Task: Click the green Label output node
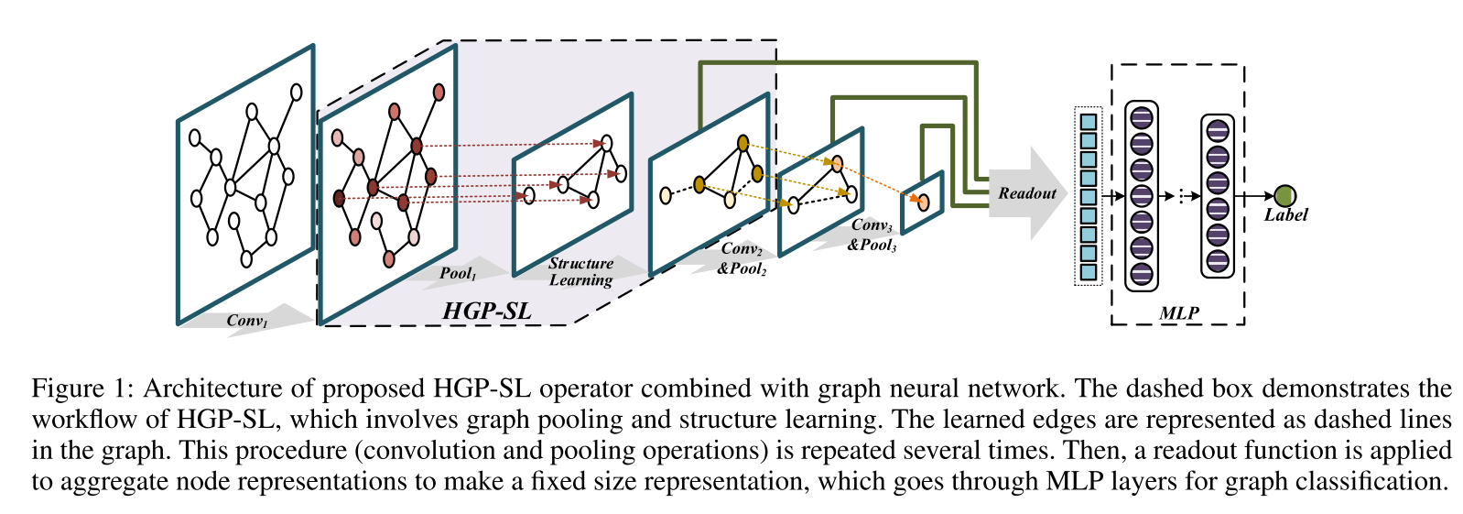point(1284,195)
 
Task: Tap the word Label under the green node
point(1285,215)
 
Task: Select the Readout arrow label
point(1026,193)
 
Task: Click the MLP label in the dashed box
point(1178,313)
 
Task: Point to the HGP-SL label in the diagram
point(486,312)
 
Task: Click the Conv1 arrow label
point(247,321)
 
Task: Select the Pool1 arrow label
point(458,273)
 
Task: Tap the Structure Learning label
point(580,271)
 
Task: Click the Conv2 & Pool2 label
point(742,258)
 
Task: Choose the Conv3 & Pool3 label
point(872,235)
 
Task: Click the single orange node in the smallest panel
point(923,202)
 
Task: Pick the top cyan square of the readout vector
point(1088,122)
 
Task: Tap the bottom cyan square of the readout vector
point(1088,272)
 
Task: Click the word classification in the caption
point(1379,481)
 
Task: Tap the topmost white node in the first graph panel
point(296,92)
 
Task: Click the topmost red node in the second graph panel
point(439,92)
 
